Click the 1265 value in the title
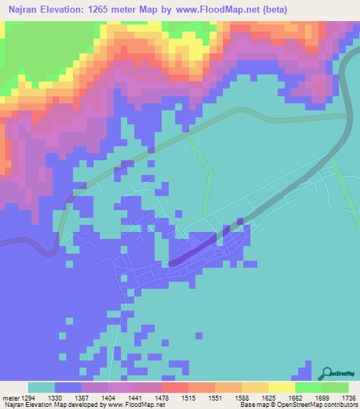coord(112,11)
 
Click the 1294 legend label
coord(23,397)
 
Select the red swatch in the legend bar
coord(174,387)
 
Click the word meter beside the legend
coord(8,397)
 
